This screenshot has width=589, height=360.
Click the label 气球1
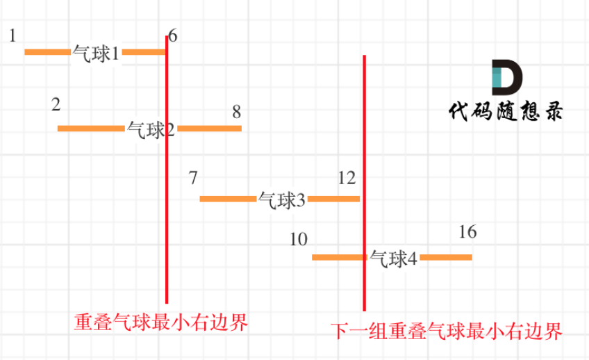tap(96, 53)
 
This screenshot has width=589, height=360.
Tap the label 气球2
tap(151, 129)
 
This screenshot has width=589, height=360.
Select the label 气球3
tap(281, 200)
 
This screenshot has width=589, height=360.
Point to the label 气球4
tap(393, 259)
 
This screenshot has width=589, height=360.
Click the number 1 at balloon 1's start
tap(13, 35)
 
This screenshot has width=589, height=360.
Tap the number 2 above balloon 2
tap(56, 105)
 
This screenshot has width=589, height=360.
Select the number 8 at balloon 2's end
tap(236, 111)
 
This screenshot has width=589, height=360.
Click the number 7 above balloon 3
tap(193, 177)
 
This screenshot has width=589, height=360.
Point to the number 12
tap(347, 178)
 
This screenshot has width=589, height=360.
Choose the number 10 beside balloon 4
tap(299, 240)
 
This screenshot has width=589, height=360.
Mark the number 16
tap(467, 232)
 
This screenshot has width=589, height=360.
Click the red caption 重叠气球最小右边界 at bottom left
tap(160, 323)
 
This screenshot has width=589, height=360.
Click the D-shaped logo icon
tap(506, 78)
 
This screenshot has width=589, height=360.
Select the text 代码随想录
tap(505, 111)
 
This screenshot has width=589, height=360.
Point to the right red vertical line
tap(364, 139)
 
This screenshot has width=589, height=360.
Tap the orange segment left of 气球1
tap(48, 51)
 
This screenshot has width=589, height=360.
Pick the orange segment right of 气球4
tap(446, 258)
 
